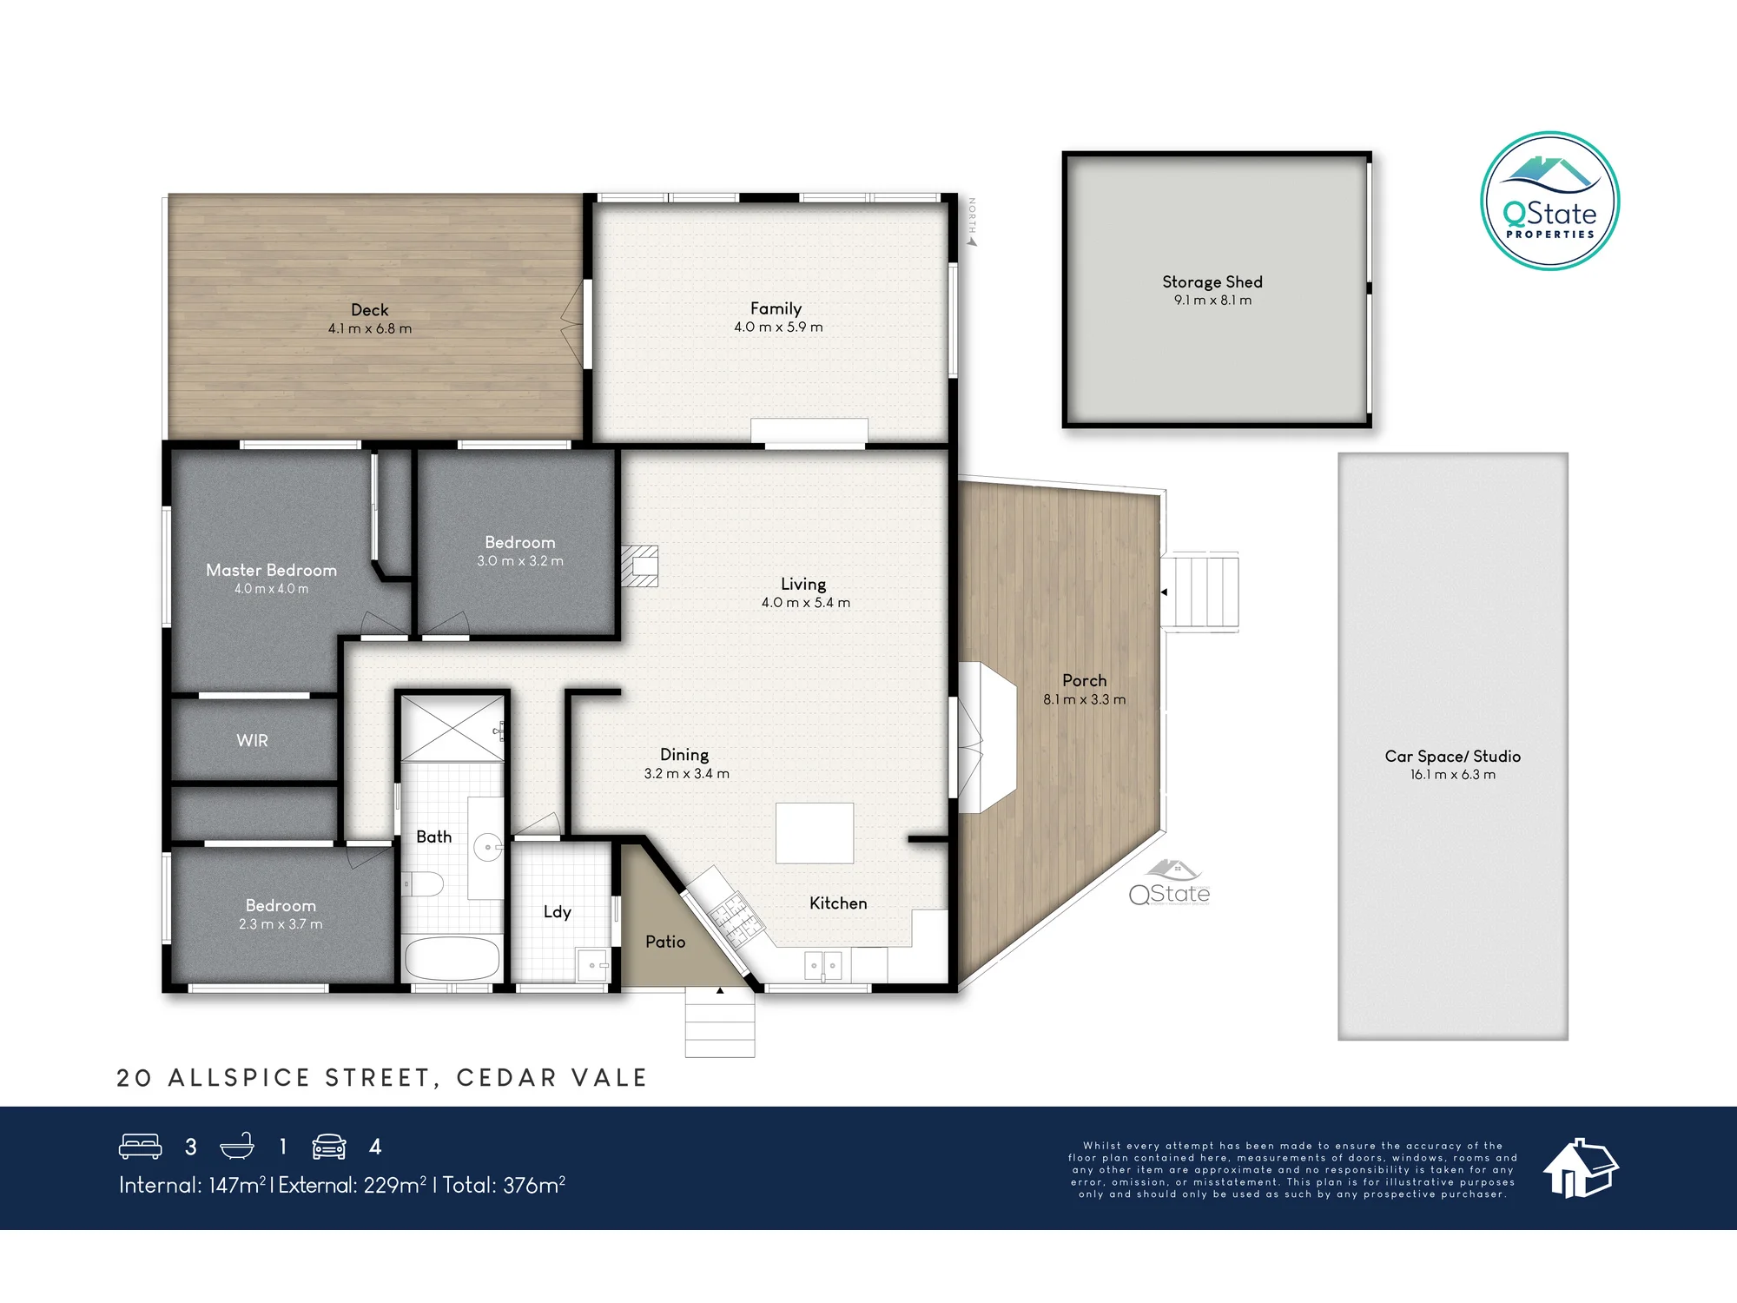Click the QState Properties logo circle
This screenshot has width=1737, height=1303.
click(1549, 201)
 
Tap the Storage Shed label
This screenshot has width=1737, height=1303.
click(1212, 281)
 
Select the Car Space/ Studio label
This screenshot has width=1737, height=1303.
click(1452, 756)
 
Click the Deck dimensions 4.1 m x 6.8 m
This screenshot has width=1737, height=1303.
click(370, 328)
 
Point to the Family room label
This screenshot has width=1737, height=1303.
click(776, 308)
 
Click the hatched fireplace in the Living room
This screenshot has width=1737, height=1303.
click(639, 566)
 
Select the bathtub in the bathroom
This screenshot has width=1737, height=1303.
click(452, 959)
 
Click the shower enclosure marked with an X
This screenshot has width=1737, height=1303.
click(452, 728)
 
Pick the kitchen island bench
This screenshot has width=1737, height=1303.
click(815, 833)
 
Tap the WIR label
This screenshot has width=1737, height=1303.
click(252, 740)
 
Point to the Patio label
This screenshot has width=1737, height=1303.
click(665, 942)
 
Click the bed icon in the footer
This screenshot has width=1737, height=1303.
click(140, 1147)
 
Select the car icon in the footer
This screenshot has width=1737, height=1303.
click(329, 1147)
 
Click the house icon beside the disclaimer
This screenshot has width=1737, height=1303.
click(1580, 1168)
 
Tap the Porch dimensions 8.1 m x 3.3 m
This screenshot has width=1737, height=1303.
click(1084, 699)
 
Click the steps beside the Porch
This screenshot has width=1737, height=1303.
click(1199, 592)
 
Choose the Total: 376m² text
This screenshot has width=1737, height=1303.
click(504, 1185)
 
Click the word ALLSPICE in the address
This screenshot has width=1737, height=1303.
click(240, 1078)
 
